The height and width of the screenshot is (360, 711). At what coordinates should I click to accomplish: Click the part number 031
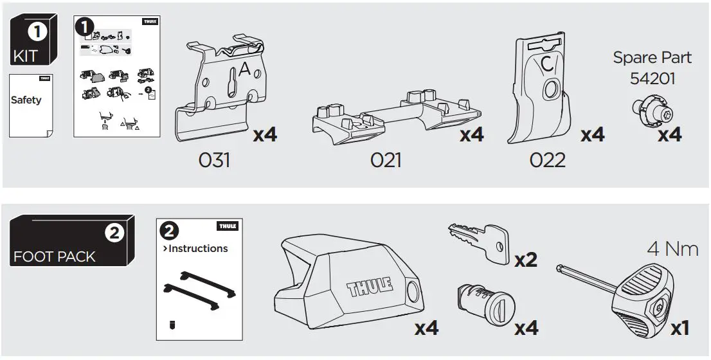click(x=214, y=159)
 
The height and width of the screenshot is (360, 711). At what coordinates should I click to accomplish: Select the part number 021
click(x=386, y=159)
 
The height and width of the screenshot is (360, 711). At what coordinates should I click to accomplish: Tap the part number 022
click(x=548, y=159)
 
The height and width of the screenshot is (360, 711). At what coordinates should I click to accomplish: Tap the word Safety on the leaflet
click(x=26, y=100)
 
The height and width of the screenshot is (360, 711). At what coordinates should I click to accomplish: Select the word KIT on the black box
click(x=25, y=55)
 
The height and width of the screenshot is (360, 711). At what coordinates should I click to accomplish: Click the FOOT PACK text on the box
click(x=55, y=256)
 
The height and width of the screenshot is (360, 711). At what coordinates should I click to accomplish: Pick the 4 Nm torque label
click(x=672, y=248)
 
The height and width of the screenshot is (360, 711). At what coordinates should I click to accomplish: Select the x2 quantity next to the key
click(x=526, y=259)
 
